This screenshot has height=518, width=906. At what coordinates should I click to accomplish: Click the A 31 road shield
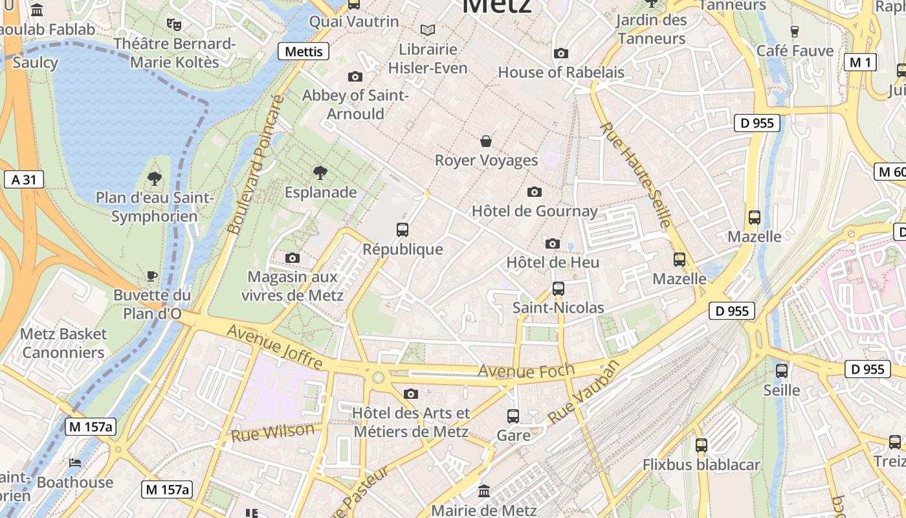point(24,179)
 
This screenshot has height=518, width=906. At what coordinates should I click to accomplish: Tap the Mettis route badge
point(304,51)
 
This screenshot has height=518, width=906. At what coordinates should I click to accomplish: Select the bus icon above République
point(403,229)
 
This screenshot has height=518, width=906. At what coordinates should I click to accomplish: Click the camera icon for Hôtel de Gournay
point(534,192)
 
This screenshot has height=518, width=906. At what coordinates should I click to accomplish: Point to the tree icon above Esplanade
point(320,172)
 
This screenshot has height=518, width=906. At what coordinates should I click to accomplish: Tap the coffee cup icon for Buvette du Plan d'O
point(152,276)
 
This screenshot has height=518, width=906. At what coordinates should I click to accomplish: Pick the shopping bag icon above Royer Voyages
point(486,141)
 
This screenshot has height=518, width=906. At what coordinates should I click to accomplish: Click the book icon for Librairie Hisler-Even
point(427,30)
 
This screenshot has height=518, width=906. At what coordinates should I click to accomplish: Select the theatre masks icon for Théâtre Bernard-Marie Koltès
point(173,25)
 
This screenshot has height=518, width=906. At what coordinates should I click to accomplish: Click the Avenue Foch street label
point(525,371)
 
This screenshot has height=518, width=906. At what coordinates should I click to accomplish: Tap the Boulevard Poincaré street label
point(257,165)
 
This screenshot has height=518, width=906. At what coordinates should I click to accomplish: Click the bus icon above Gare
point(513,416)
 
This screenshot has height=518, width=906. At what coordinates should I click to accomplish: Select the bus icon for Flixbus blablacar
point(702,445)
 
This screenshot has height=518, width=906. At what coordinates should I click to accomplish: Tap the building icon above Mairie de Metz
point(484,491)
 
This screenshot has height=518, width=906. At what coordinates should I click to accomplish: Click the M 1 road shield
point(860,62)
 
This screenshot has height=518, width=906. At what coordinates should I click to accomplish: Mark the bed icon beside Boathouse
point(75,463)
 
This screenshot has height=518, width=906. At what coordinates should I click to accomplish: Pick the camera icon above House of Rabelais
point(561,53)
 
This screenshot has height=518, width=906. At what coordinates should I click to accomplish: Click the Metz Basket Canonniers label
point(63,343)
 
